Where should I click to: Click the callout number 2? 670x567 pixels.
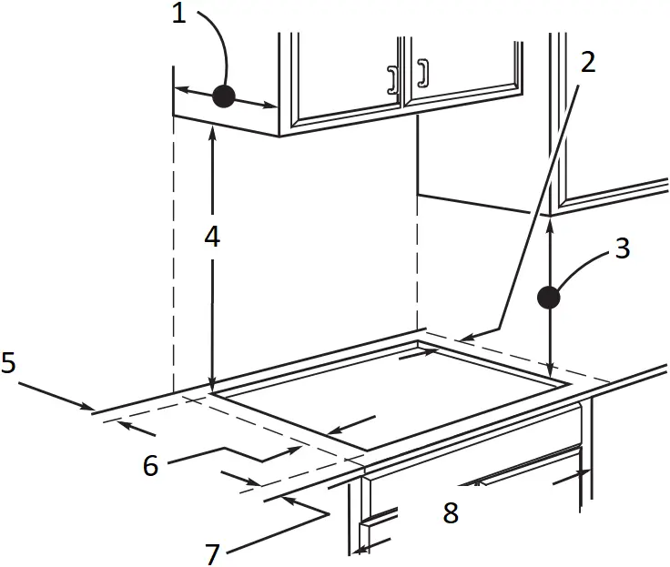(x=587, y=62)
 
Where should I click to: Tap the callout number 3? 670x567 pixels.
(x=623, y=248)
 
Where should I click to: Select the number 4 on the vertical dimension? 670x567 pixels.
(x=211, y=237)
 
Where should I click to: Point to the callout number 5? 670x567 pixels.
(x=8, y=364)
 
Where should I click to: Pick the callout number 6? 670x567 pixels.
(x=150, y=465)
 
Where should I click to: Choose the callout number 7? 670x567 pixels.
(x=212, y=552)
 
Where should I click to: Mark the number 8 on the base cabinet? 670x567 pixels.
(x=450, y=513)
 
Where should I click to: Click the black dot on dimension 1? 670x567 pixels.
(x=223, y=96)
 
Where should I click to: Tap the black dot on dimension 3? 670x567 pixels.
(x=548, y=297)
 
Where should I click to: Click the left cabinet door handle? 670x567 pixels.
(x=392, y=79)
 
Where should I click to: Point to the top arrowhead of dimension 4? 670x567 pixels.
(x=211, y=131)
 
